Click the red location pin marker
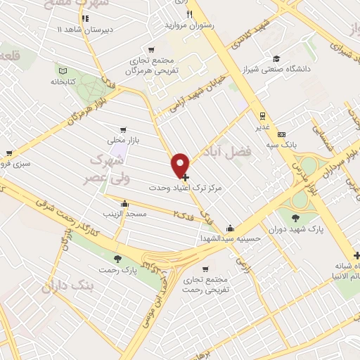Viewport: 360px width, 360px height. [x=181, y=165]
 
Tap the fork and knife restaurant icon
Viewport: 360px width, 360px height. [x=189, y=14]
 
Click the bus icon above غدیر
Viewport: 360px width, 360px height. [x=262, y=116]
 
